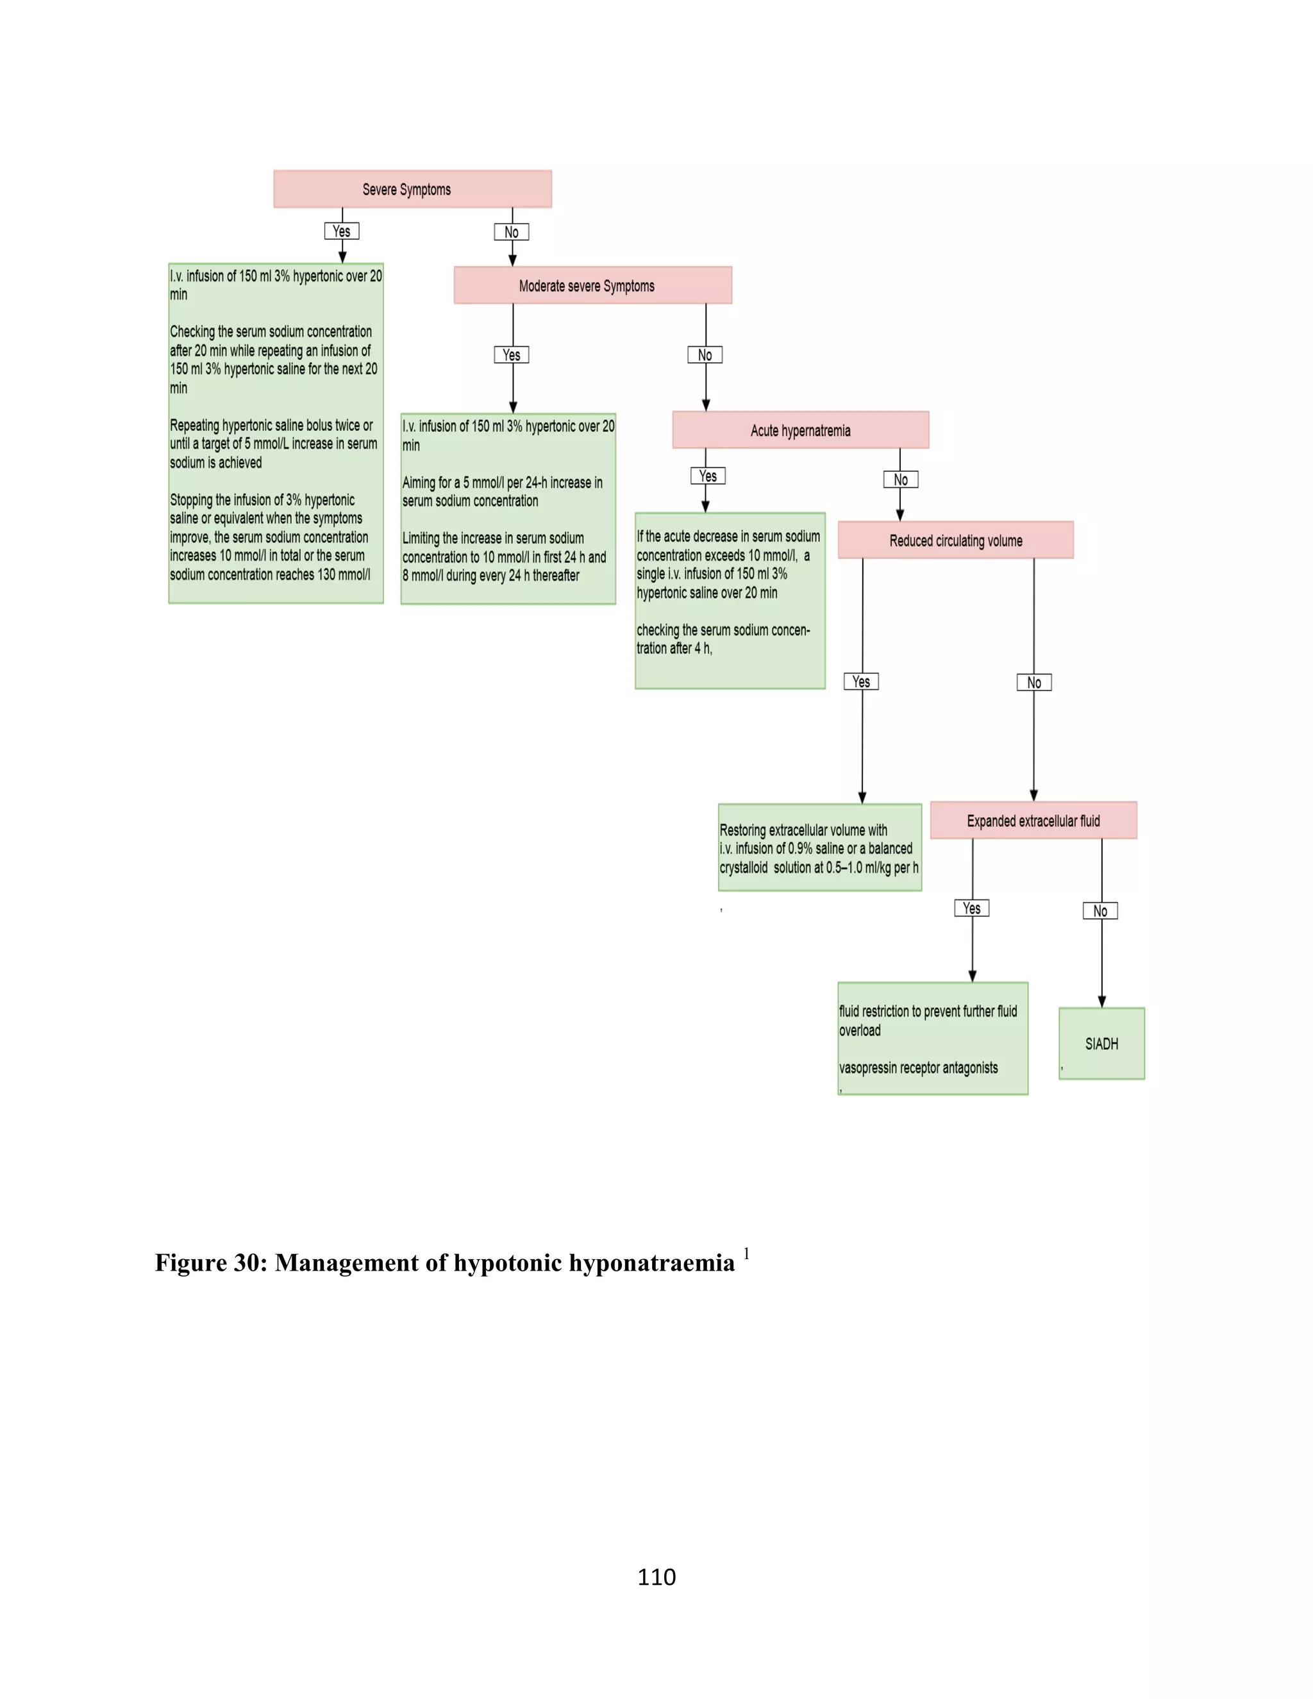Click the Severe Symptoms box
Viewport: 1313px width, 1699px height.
tap(412, 189)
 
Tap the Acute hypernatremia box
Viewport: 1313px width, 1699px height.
tap(799, 430)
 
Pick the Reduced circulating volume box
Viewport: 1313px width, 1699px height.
tap(955, 540)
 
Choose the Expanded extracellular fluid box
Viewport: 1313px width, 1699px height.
tap(1033, 821)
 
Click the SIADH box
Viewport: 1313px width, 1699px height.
tap(1101, 1044)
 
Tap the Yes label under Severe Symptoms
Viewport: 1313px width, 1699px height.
tap(342, 231)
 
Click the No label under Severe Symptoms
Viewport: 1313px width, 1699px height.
tap(511, 232)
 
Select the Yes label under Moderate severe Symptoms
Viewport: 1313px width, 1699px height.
tap(511, 355)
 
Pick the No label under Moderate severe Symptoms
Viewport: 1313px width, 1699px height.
tap(705, 355)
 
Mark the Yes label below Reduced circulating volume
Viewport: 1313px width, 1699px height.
tap(861, 682)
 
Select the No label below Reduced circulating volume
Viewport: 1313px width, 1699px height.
tap(1033, 682)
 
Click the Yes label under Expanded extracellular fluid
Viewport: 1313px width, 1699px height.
tap(971, 908)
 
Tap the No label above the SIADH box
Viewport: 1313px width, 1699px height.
tap(1100, 911)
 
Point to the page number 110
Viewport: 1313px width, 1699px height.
tap(656, 1577)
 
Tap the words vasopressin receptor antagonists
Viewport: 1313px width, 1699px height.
tap(918, 1068)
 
